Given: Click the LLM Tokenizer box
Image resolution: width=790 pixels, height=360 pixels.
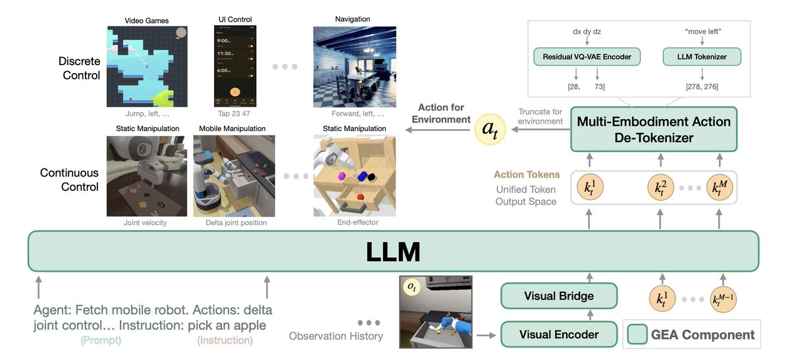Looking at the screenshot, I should [701, 57].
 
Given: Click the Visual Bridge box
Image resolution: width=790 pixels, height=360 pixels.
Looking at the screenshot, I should [558, 296].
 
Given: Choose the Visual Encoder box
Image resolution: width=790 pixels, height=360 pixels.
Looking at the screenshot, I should [558, 334].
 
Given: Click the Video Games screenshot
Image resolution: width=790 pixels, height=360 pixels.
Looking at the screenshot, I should [147, 66].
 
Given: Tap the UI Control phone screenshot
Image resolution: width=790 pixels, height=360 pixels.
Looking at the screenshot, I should [234, 66].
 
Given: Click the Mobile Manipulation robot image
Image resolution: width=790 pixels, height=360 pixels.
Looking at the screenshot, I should [233, 176].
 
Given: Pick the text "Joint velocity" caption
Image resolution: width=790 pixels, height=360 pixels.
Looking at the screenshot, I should [145, 222].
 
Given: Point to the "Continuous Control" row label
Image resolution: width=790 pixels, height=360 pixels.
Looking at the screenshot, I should [69, 180].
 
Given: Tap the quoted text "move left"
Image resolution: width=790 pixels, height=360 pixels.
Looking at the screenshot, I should [702, 30].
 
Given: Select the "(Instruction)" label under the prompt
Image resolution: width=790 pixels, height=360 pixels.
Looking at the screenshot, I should [225, 340].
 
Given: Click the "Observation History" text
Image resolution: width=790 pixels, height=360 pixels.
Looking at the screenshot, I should [336, 336].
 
